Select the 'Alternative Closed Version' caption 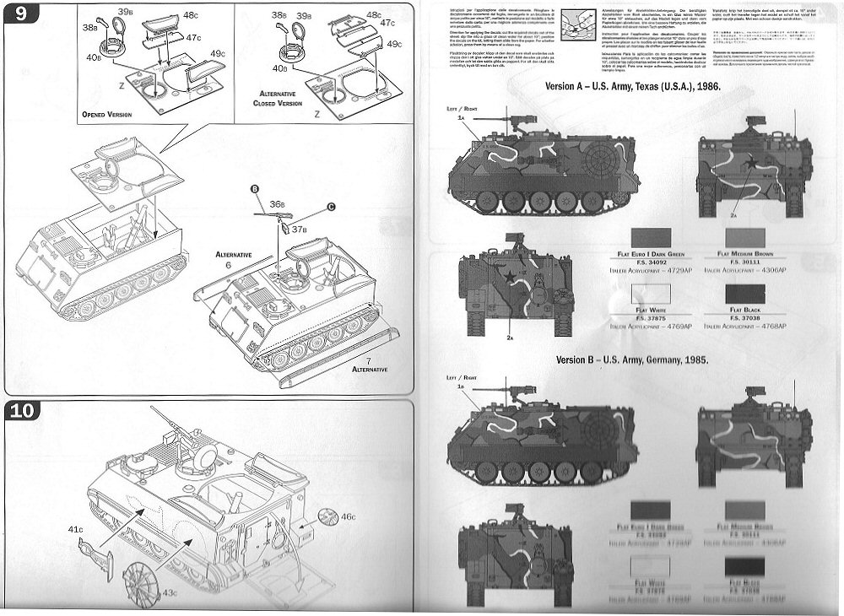pos(278,98)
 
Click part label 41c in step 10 pos(76,529)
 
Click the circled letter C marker pos(331,207)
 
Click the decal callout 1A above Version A pos(461,120)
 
